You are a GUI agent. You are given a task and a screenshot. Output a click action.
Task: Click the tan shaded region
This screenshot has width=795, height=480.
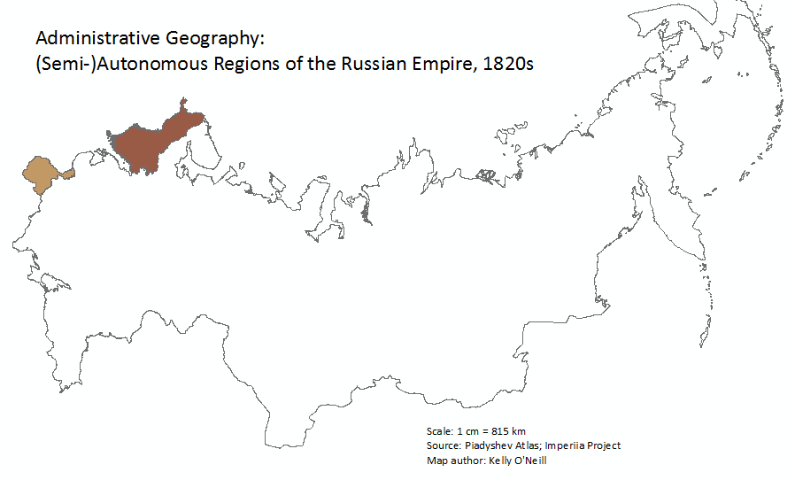42,175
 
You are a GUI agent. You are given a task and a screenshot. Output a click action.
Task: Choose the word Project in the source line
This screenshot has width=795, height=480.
606,445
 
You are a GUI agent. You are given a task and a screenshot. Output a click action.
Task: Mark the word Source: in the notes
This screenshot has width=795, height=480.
443,445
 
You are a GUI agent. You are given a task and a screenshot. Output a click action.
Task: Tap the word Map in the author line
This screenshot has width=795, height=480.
436,460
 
